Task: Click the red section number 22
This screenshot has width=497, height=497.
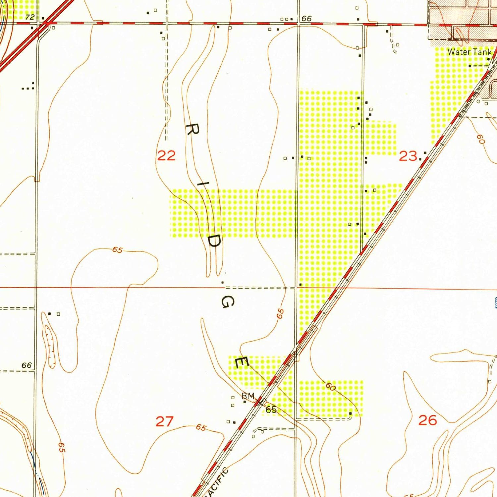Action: point(166,155)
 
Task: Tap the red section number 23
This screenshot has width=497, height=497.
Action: point(408,156)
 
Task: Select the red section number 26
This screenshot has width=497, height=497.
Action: point(427,420)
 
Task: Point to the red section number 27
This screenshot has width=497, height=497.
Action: point(165,421)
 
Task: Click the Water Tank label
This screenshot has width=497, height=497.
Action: point(469,52)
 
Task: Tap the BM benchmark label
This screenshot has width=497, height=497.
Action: point(248,396)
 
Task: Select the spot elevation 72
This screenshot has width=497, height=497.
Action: point(30,17)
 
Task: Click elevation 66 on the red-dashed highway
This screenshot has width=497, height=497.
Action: point(306,19)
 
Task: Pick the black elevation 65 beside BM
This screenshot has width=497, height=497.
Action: point(271,410)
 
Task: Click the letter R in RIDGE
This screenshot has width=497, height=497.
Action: point(193,130)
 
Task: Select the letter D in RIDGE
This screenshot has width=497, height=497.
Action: point(214,241)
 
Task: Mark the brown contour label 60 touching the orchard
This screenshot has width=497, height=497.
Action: point(330,386)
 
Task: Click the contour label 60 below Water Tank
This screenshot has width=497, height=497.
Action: point(481,139)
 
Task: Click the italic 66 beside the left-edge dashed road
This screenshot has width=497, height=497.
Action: point(27,365)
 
